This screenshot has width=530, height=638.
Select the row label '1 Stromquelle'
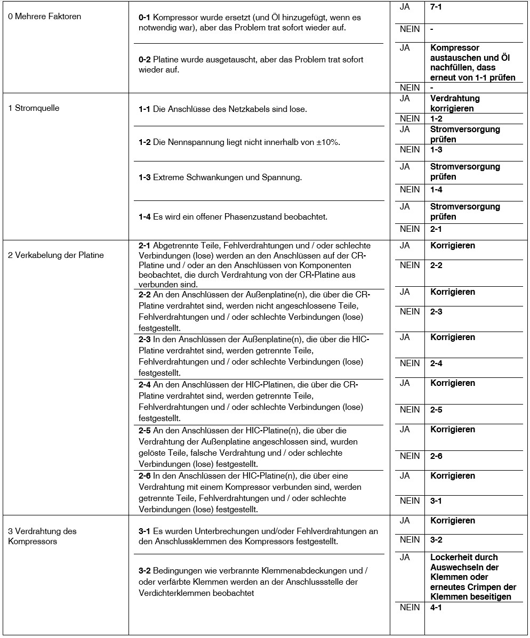pos(34,108)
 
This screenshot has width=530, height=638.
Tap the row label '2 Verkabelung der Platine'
pos(55,255)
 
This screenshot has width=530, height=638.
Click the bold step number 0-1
pos(144,18)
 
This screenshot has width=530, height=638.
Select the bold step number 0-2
pos(144,60)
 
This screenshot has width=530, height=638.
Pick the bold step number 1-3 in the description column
pos(144,177)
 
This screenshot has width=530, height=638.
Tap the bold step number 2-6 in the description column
pos(144,476)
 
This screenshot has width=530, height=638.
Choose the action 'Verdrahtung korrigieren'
pos(455,103)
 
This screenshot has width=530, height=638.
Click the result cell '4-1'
pos(436,608)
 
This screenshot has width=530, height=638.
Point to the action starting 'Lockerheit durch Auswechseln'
pos(473,577)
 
